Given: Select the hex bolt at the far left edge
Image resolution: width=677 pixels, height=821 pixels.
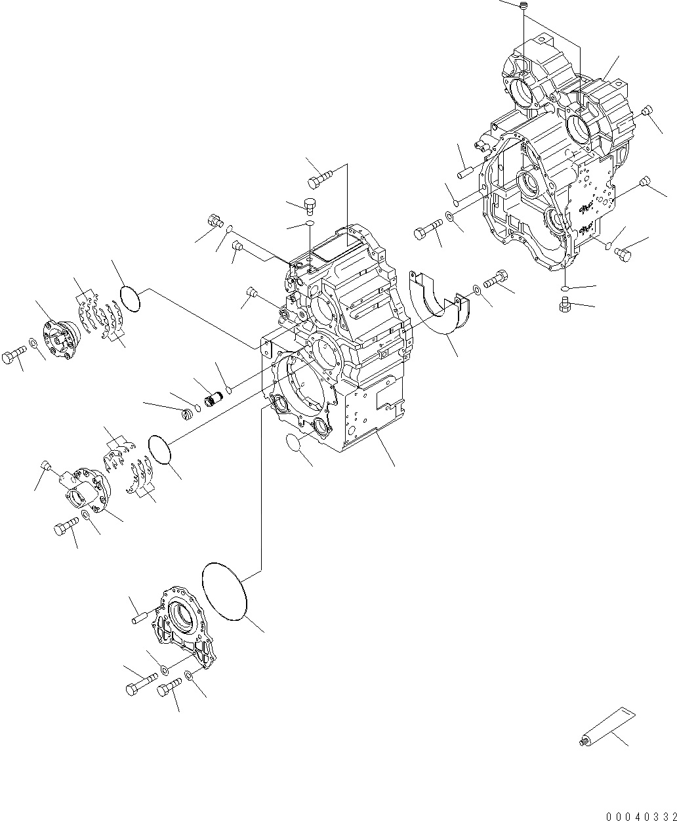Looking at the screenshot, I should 14,356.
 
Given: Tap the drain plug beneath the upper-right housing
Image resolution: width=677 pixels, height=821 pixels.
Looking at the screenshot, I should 562,305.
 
